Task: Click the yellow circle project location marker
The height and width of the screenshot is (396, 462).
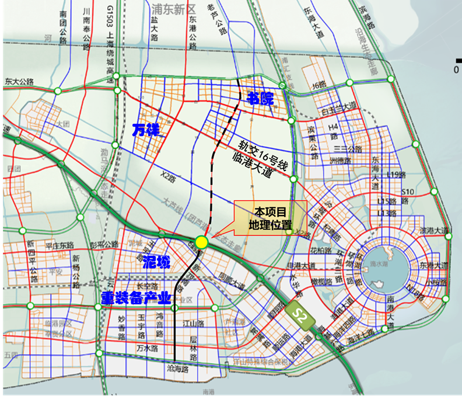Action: click(202, 242)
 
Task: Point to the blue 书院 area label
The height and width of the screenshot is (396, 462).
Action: click(260, 98)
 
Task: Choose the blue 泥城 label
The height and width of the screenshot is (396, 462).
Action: click(157, 263)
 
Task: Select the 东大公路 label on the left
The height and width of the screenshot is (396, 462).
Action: click(20, 81)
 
